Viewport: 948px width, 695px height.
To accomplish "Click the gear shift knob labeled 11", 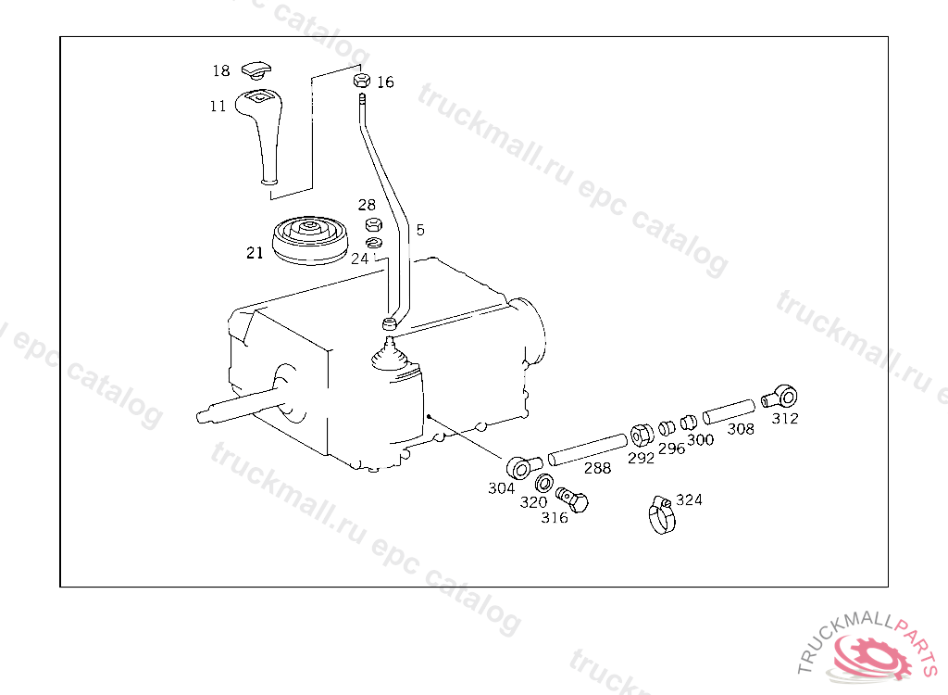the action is pos(262,134).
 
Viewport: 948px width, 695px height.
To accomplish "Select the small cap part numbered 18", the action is pos(256,70).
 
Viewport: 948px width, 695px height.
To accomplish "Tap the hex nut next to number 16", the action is pos(362,81).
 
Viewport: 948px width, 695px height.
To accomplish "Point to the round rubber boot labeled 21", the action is pos(310,240).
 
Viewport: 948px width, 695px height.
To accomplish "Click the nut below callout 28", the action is pos(374,225).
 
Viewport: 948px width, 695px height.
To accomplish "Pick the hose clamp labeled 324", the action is pos(662,515).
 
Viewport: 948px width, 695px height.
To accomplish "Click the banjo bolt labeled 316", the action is pos(572,499).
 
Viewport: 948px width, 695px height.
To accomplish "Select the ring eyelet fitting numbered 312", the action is pos(780,398).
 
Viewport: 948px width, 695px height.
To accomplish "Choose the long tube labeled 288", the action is pos(588,449).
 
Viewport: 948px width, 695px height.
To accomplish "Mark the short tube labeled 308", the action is pos(730,411).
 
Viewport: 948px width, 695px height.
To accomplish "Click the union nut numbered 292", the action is pos(642,436).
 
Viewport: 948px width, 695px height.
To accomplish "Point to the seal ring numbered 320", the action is pos(544,483).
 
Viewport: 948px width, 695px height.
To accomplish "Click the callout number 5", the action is pos(420,230).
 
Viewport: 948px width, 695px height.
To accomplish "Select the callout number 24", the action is pos(359,259).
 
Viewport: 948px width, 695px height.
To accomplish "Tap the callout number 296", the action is pos(672,449).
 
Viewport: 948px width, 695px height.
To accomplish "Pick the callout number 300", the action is pos(700,440).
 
